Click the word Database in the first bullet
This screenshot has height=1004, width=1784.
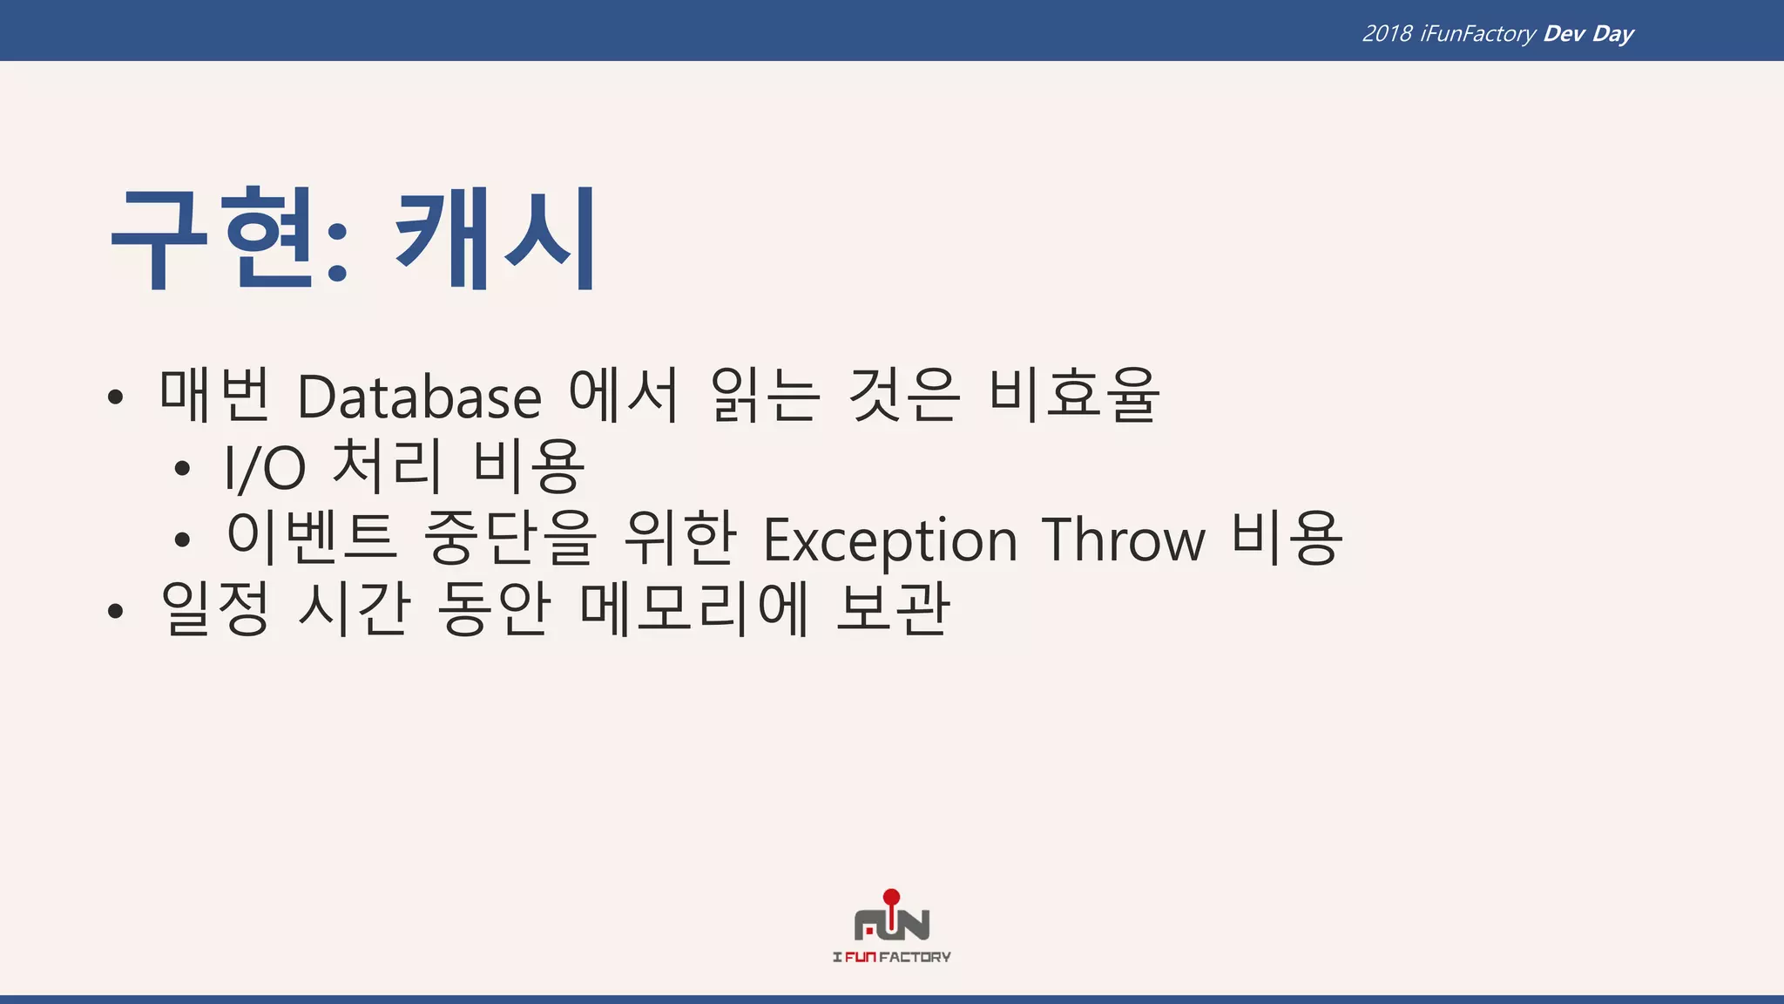click(419, 397)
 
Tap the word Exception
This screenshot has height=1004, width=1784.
click(889, 540)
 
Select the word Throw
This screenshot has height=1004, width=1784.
click(1124, 540)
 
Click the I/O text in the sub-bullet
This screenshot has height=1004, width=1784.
click(265, 468)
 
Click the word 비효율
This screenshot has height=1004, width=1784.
click(1073, 396)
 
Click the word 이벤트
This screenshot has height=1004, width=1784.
click(311, 537)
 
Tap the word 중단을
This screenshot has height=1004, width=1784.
click(510, 537)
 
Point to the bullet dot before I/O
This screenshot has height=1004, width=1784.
click(182, 469)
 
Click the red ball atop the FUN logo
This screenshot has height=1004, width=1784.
click(891, 897)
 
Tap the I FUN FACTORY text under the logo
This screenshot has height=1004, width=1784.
click(891, 957)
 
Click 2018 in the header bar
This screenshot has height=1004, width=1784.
click(1387, 34)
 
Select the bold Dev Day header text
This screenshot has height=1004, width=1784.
click(1588, 34)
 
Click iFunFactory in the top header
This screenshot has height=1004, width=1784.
click(1477, 34)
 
